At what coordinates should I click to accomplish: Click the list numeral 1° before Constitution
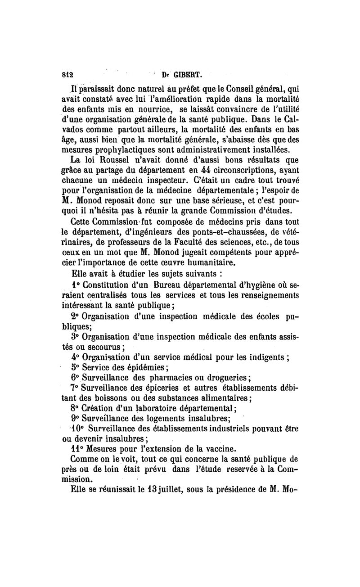point(76,284)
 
